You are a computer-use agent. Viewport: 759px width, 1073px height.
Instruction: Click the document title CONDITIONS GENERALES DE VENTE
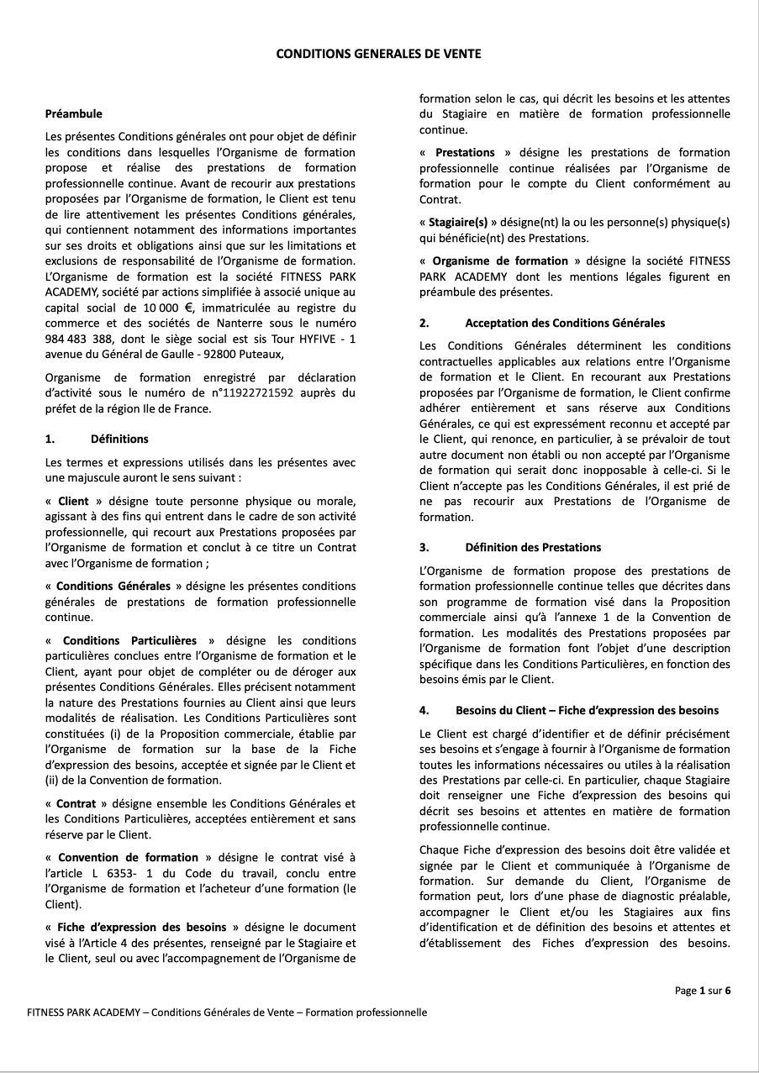click(379, 54)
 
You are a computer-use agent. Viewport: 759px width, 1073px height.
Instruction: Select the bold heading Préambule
click(73, 113)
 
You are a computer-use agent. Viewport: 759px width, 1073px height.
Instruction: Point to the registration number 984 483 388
click(79, 338)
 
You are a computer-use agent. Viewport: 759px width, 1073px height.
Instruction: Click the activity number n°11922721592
click(254, 392)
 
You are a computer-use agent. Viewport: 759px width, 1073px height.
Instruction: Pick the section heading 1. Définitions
click(96, 439)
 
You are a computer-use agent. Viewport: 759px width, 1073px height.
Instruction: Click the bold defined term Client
click(73, 501)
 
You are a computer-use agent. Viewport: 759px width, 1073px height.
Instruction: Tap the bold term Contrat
click(76, 803)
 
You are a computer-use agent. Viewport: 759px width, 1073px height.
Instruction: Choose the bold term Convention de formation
click(128, 858)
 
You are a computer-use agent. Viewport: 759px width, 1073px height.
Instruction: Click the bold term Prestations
click(465, 152)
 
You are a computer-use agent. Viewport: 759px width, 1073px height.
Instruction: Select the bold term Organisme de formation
click(500, 260)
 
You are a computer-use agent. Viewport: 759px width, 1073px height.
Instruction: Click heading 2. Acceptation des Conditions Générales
click(542, 323)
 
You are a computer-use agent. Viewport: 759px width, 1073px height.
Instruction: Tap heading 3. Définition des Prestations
click(510, 547)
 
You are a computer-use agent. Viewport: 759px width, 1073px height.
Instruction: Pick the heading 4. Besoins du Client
click(569, 710)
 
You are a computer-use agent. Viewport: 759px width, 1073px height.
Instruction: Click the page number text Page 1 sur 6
click(703, 991)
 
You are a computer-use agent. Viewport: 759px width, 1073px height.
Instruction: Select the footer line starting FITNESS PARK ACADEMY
click(227, 1013)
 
